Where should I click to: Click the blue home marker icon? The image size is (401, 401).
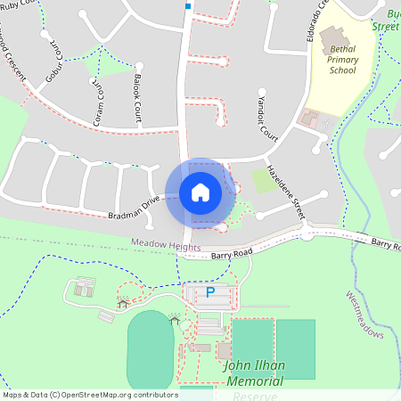(200, 192)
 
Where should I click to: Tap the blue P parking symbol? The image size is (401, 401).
(210, 291)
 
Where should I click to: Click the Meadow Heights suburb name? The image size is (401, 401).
(165, 244)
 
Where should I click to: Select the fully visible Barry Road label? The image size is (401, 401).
(233, 254)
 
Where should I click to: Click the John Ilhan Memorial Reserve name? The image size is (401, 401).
(254, 373)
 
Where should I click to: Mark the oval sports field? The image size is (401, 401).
(150, 350)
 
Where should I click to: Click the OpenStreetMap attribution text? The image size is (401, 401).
(89, 395)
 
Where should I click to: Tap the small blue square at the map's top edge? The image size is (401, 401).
(188, 6)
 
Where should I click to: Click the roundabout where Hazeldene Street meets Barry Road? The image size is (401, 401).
(307, 232)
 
